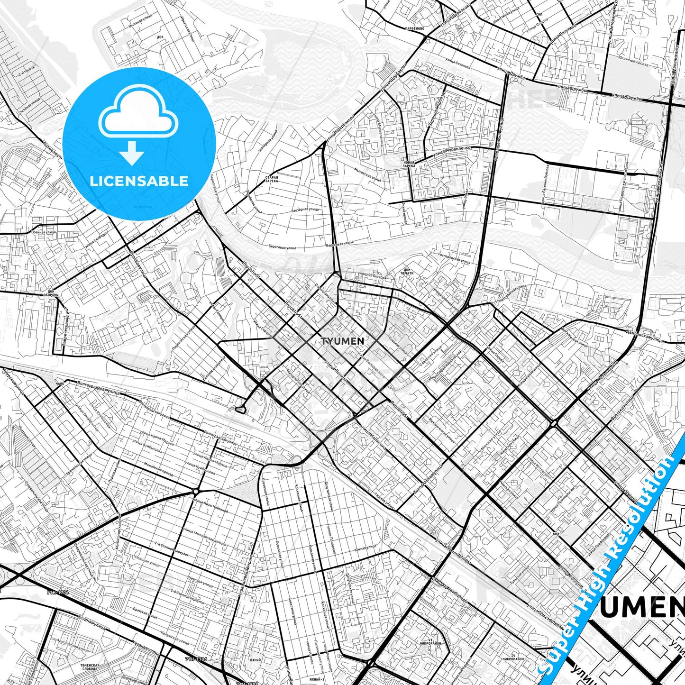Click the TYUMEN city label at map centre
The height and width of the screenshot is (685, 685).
tap(342, 341)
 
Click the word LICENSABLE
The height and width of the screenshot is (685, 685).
tap(139, 181)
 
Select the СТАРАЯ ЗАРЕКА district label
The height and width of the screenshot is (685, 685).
tap(272, 179)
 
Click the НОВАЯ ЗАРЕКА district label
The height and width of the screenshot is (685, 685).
tap(409, 164)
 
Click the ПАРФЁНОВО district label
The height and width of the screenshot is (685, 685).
tap(415, 29)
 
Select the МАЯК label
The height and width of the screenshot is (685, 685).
tap(60, 383)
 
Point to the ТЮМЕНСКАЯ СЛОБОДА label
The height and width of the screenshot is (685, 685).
tap(90, 667)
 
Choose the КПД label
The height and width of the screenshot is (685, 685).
tap(556, 533)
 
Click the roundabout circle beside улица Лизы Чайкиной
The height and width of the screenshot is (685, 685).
tap(195, 493)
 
